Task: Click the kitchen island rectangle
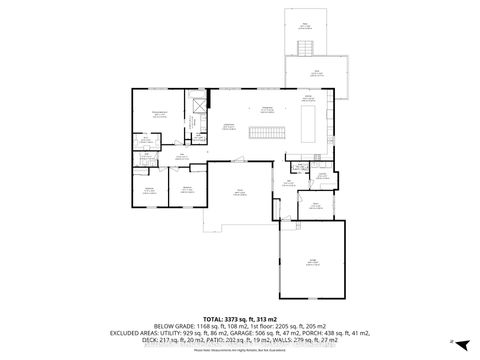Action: pyautogui.click(x=307, y=127)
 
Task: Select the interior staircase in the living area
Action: pyautogui.click(x=262, y=134)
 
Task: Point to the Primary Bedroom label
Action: pyautogui.click(x=158, y=114)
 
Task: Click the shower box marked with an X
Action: pyautogui.click(x=198, y=106)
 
